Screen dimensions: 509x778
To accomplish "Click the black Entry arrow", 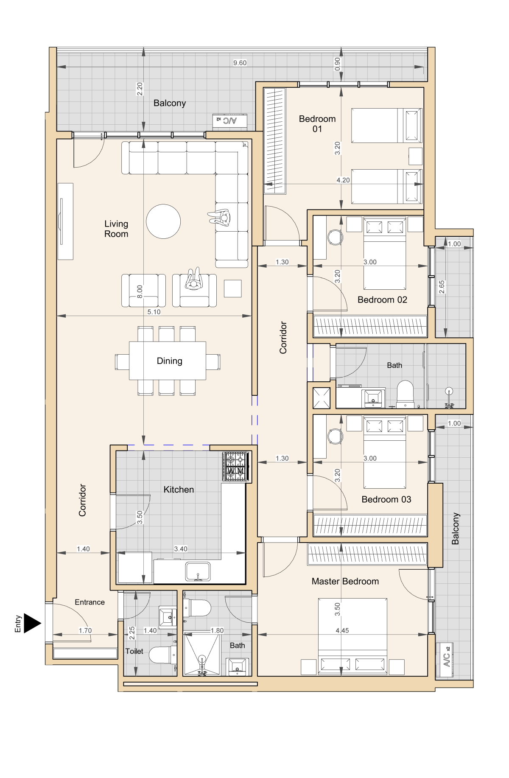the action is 32,623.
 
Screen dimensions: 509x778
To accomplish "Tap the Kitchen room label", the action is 179,490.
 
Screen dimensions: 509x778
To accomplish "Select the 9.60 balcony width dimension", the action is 240,63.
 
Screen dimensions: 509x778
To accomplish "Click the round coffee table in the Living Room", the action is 163,221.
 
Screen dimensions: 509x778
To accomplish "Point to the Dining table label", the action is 169,361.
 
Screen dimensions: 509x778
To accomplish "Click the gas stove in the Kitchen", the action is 235,466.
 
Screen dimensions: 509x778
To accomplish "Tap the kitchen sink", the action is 198,571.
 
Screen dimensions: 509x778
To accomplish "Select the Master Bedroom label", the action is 345,581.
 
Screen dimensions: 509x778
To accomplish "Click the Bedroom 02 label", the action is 382,300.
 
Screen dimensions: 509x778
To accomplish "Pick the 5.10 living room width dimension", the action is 154,312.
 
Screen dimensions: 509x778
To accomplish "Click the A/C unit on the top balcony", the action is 229,120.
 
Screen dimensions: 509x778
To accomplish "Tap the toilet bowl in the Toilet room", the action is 162,655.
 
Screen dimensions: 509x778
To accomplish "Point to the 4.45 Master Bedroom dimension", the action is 342,630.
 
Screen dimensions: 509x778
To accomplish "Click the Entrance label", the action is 89,602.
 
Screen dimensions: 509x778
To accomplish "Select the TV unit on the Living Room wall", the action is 65,221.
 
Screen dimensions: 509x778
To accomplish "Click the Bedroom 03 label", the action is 386,499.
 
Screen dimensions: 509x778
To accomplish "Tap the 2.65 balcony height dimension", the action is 442,287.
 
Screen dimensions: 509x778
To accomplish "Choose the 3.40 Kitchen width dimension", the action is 181,549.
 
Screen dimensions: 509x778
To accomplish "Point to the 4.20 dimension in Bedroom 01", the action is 343,180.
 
